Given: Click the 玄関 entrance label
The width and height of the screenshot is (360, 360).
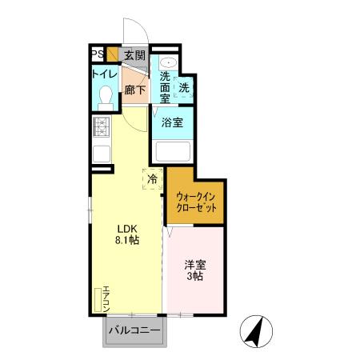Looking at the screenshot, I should (134, 55).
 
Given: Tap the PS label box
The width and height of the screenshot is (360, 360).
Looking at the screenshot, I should (96, 54).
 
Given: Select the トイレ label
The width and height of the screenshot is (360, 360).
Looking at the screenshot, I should (105, 74).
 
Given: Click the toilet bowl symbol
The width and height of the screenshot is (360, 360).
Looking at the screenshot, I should (103, 97).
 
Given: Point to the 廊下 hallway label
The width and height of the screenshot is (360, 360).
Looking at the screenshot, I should (134, 90).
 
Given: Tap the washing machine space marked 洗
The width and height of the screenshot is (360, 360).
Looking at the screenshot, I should (183, 88).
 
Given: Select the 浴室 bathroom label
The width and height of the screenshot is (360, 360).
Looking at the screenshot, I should (172, 123).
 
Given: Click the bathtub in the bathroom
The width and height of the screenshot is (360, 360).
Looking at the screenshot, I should (172, 150).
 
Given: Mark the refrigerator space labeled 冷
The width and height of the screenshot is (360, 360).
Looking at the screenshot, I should (152, 178).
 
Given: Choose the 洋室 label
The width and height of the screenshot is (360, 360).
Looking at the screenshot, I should (196, 264).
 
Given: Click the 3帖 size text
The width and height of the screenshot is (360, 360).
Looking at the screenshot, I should (196, 277).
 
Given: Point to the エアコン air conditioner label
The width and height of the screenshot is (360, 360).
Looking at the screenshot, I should (106, 298).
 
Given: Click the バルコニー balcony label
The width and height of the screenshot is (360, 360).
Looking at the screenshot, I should (134, 330).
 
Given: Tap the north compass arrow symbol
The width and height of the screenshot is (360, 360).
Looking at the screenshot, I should (257, 330).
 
